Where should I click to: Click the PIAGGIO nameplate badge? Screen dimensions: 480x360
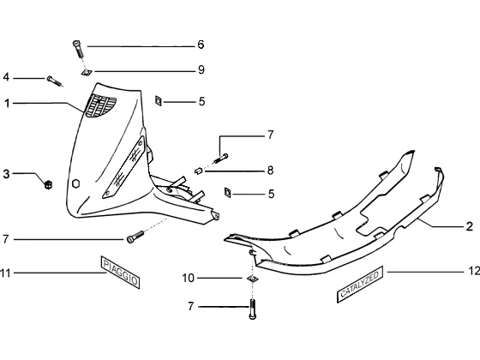pyautogui.click(x=120, y=273)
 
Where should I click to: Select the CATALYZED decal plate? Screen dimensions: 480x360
pyautogui.click(x=360, y=285)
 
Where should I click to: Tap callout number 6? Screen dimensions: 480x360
pyautogui.click(x=201, y=45)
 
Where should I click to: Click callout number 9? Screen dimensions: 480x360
pyautogui.click(x=201, y=69)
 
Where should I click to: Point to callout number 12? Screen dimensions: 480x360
pyautogui.click(x=474, y=271)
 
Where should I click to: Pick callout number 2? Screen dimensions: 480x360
pyautogui.click(x=470, y=226)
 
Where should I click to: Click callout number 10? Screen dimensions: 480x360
pyautogui.click(x=189, y=279)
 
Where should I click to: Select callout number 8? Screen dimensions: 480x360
pyautogui.click(x=270, y=171)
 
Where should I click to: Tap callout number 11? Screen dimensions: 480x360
pyautogui.click(x=5, y=273)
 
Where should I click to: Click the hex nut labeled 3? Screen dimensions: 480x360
pyautogui.click(x=48, y=184)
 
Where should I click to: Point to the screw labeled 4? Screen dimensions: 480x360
pyautogui.click(x=55, y=81)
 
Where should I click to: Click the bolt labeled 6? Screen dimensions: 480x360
pyautogui.click(x=78, y=49)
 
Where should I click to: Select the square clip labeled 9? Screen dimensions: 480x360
pyautogui.click(x=87, y=73)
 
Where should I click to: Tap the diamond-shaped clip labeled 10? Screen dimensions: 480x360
pyautogui.click(x=253, y=279)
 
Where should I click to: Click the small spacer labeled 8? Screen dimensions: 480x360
pyautogui.click(x=199, y=171)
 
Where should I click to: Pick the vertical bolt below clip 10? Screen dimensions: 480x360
pyautogui.click(x=253, y=309)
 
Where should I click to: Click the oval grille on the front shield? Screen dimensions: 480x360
pyautogui.click(x=100, y=105)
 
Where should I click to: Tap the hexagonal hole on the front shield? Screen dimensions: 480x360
pyautogui.click(x=75, y=183)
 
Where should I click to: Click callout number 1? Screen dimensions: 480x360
pyautogui.click(x=7, y=104)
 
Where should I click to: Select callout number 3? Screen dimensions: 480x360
pyautogui.click(x=6, y=174)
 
